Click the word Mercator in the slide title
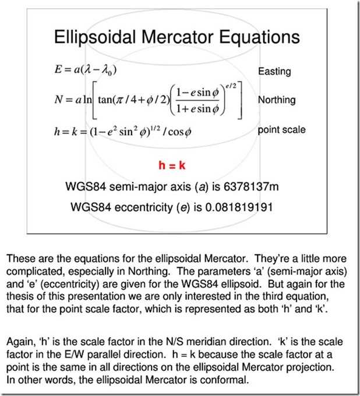[x=175, y=37]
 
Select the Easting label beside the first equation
[x=274, y=72]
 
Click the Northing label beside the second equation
[x=277, y=100]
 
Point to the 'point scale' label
[x=282, y=129]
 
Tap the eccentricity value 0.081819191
[x=238, y=207]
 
